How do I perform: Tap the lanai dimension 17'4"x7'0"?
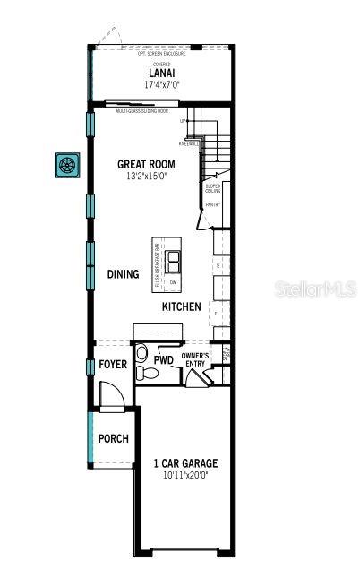coord(161,84)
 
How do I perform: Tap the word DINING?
coord(124,274)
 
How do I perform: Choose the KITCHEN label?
coord(182,307)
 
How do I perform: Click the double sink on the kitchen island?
coord(175,261)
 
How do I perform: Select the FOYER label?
coord(114,366)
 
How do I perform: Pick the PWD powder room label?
coord(163,360)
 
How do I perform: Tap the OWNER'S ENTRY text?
coord(195,360)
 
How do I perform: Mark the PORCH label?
coord(114,439)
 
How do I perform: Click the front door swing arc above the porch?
coord(107,394)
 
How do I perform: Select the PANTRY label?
coord(212,205)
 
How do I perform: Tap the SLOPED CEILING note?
coord(212,188)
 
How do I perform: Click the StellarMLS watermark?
coord(320,289)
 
